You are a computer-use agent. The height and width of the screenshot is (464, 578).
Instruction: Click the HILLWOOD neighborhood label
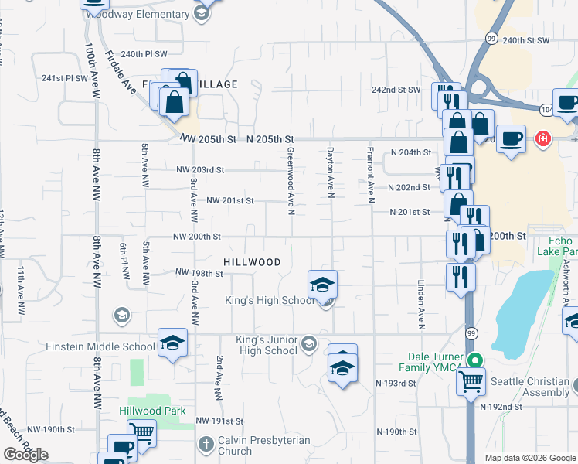[253, 262]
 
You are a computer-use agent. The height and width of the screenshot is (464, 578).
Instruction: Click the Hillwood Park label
[152, 411]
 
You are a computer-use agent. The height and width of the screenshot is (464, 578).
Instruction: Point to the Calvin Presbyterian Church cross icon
[206, 445]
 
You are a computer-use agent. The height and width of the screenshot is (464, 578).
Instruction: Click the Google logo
[26, 455]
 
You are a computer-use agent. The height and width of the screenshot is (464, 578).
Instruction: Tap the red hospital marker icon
[543, 139]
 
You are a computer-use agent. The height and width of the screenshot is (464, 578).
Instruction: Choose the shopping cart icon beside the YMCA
[470, 380]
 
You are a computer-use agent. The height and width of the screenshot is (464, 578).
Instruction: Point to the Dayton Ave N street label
[330, 172]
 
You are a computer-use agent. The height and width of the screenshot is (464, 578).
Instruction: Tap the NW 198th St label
[199, 273]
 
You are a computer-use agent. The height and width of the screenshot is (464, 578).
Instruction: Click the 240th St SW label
[525, 39]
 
